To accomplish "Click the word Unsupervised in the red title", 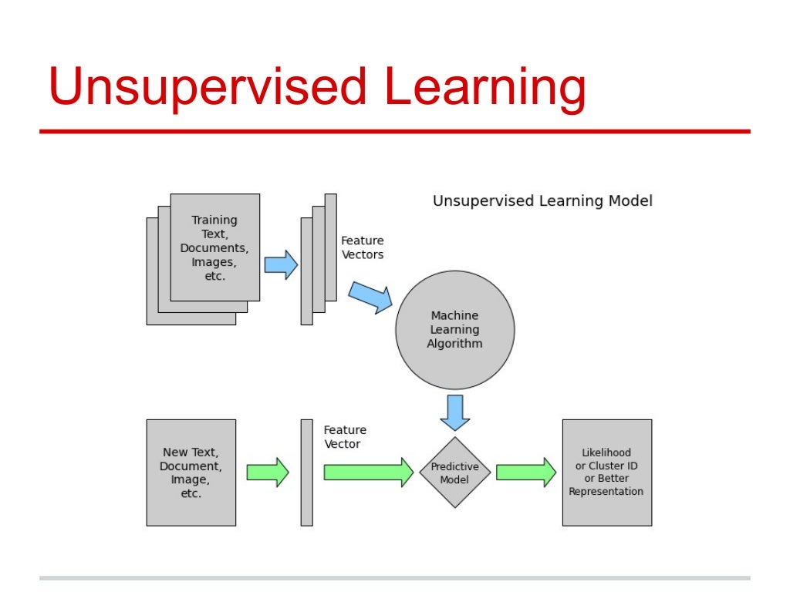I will pyautogui.click(x=206, y=87).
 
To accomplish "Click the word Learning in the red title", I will pyautogui.click(x=485, y=87).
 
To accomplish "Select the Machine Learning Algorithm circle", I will pyautogui.click(x=454, y=330).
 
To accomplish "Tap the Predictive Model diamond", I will pyautogui.click(x=454, y=473).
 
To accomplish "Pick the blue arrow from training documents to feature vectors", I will pyautogui.click(x=281, y=264).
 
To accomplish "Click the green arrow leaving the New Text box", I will pyautogui.click(x=267, y=473).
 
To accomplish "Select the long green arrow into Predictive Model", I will pyautogui.click(x=368, y=473).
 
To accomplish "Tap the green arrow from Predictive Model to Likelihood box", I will pyautogui.click(x=525, y=473).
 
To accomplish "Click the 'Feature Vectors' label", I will pyautogui.click(x=362, y=247).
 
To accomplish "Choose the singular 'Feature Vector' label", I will pyautogui.click(x=344, y=437).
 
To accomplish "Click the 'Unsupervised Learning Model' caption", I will pyautogui.click(x=542, y=201).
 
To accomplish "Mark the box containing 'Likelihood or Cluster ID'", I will pyautogui.click(x=606, y=473).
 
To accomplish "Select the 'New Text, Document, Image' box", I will pyautogui.click(x=191, y=473).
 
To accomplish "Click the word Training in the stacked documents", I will pyautogui.click(x=214, y=220).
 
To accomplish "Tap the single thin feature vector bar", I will pyautogui.click(x=306, y=473).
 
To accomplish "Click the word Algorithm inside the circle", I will pyautogui.click(x=454, y=344).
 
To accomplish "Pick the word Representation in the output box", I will pyautogui.click(x=606, y=492).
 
